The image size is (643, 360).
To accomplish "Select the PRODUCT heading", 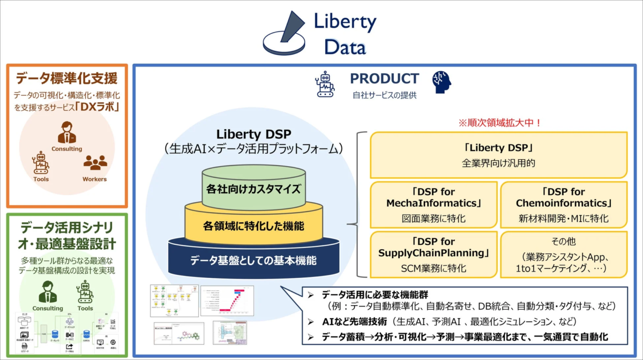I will (x=384, y=79).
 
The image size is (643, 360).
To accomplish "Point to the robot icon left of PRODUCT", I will (x=325, y=84).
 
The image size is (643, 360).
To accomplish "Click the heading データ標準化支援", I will (x=66, y=79).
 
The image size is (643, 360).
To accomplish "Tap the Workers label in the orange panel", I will (x=95, y=179).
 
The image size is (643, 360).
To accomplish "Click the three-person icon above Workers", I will (x=95, y=163).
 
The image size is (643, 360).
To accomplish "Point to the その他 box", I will (x=564, y=254).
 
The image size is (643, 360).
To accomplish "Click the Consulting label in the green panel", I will (x=48, y=308).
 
